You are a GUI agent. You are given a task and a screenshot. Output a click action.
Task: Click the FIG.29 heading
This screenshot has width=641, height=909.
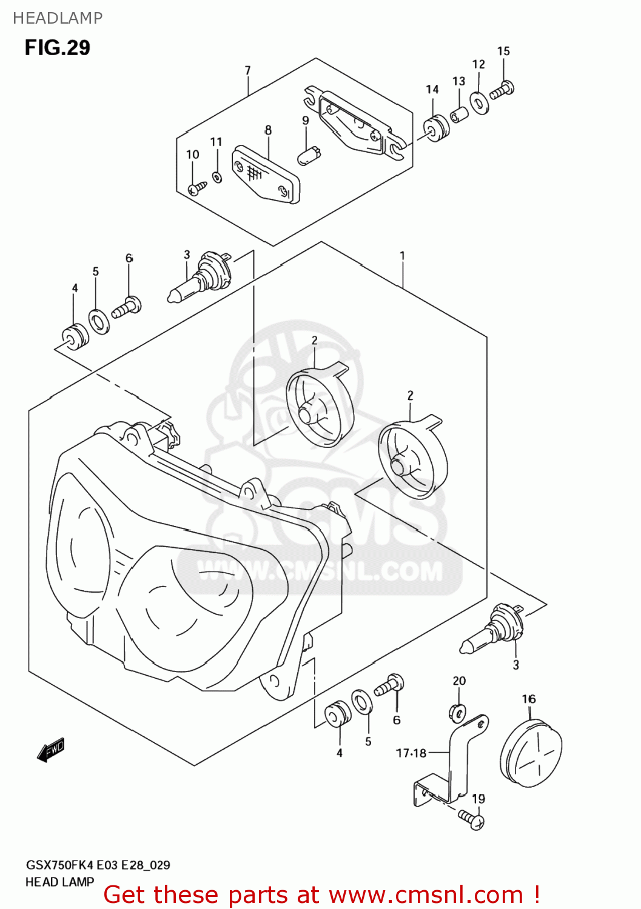[58, 47]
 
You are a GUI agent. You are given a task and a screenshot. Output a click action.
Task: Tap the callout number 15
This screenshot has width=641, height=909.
[503, 52]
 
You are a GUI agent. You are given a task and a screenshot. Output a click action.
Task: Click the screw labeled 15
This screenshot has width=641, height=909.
[502, 90]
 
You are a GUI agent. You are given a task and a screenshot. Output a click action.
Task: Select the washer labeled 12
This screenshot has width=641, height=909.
[480, 103]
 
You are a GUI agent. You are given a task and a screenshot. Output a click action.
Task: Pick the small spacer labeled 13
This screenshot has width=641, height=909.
[459, 114]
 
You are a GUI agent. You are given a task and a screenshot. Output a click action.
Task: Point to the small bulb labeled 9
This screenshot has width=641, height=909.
[309, 154]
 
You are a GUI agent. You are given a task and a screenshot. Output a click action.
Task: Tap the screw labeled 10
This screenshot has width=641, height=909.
[196, 189]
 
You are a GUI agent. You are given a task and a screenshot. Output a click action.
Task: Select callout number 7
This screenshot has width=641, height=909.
[247, 71]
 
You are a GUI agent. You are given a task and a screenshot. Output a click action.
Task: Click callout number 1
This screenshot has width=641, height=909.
[402, 256]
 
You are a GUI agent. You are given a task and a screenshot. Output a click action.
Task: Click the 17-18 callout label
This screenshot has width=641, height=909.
[411, 753]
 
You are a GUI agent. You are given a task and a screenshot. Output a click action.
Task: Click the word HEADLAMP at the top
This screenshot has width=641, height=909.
[58, 18]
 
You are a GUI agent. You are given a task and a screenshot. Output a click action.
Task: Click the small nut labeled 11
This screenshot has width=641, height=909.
[217, 177]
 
